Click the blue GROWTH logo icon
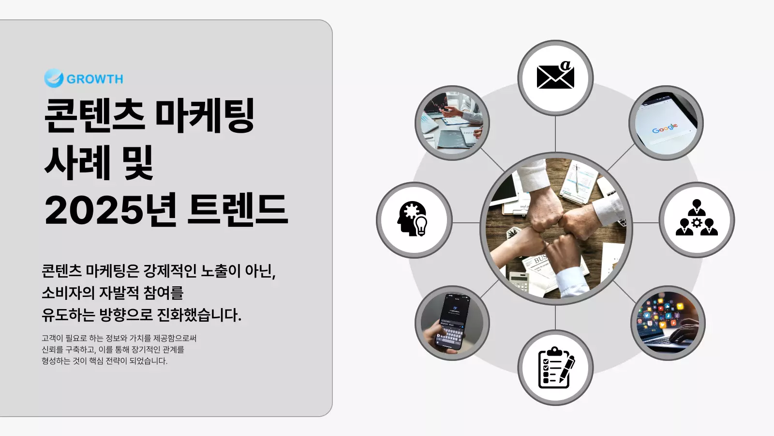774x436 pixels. (x=54, y=78)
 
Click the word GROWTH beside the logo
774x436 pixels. (x=95, y=79)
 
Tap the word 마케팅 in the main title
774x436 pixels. (x=205, y=116)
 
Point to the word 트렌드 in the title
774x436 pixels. (x=238, y=210)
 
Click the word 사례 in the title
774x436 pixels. (x=77, y=163)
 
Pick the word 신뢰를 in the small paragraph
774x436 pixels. (x=52, y=349)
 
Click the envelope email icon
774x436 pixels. (x=555, y=76)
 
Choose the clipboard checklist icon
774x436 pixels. (x=556, y=368)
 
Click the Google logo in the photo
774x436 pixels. (x=665, y=128)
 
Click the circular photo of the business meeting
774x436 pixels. (x=452, y=123)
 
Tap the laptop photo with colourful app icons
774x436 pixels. (x=668, y=323)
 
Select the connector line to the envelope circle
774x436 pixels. (x=555, y=134)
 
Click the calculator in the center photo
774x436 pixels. (x=520, y=281)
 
